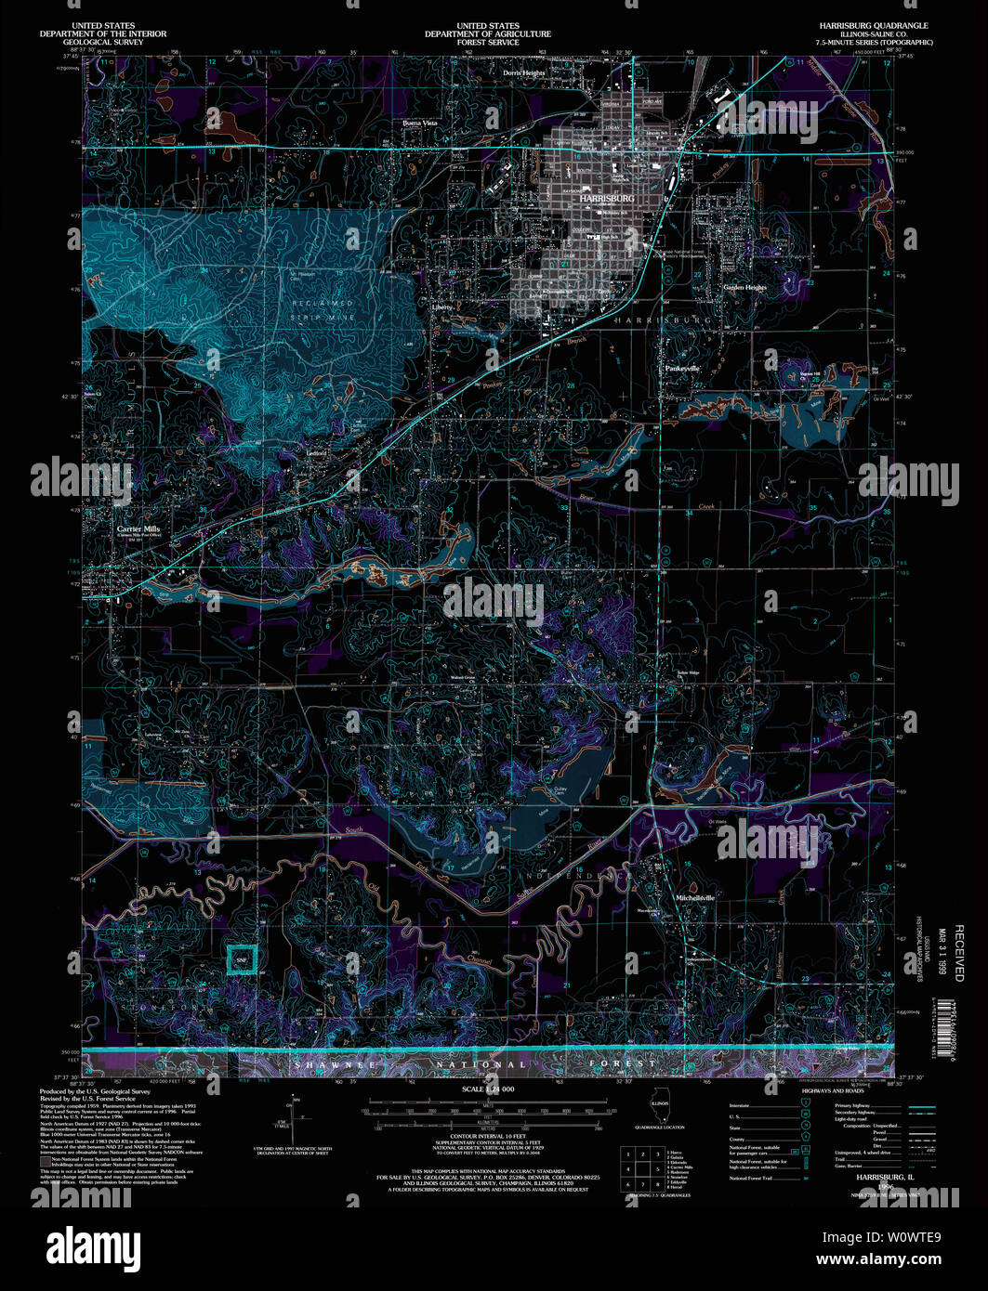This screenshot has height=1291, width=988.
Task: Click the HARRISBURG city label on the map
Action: point(606,199)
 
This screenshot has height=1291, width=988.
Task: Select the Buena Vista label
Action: point(419,123)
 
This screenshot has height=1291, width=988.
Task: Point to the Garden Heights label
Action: point(744,288)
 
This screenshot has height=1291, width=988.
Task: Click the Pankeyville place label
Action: point(681,369)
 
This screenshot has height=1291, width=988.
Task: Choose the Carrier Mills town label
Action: point(138,528)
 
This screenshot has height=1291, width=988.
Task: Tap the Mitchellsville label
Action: point(694,898)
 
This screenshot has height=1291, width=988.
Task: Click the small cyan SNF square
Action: point(242,958)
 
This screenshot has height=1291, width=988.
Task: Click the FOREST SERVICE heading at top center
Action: point(487,42)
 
